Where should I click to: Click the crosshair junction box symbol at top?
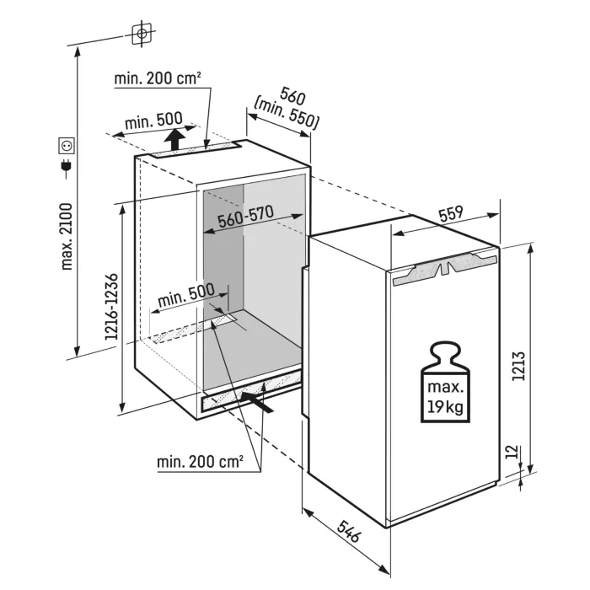pos(142,34)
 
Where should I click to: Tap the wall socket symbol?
pos(67,146)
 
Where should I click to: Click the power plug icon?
pos(67,169)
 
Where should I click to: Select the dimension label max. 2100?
pos(67,237)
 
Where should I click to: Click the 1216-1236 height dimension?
pos(112,308)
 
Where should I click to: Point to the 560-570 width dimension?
pos(246,217)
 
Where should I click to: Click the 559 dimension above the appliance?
pos(451,214)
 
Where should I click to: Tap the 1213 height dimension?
pos(518,366)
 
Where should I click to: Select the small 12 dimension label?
pos(512,452)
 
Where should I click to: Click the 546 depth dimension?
pos(349,531)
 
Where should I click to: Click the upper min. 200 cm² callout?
pos(158,78)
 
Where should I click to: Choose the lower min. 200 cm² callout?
pos(200,462)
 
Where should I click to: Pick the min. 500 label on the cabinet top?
pos(153,121)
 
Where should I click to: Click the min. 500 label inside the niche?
pos(186,295)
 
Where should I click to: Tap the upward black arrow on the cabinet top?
pos(174,139)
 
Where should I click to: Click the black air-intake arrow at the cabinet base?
pos(257,402)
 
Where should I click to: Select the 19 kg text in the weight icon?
pos(446,406)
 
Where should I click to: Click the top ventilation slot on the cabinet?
pos(196,150)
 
